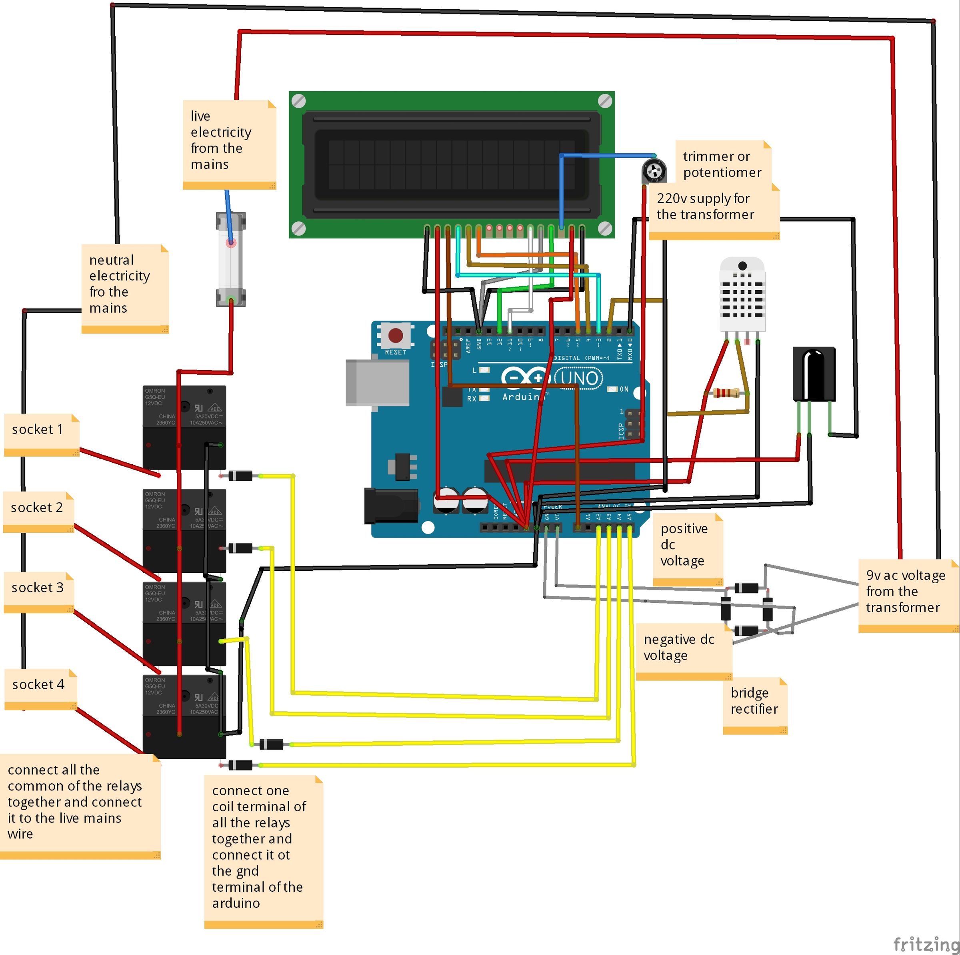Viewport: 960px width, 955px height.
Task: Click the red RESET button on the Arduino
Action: (396, 335)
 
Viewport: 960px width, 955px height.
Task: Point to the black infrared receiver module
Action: (814, 374)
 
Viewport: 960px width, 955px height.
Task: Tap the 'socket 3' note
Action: (39, 592)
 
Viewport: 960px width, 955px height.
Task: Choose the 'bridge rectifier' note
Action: (754, 705)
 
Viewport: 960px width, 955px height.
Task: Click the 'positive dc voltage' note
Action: (687, 549)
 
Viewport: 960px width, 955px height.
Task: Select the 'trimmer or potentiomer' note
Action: (722, 164)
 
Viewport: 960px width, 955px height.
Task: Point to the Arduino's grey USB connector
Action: (377, 382)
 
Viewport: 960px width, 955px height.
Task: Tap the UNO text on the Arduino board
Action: (579, 378)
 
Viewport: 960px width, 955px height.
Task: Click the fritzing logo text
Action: (925, 943)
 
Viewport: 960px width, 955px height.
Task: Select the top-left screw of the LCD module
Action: (299, 101)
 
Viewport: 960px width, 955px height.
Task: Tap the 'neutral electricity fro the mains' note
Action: (125, 288)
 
